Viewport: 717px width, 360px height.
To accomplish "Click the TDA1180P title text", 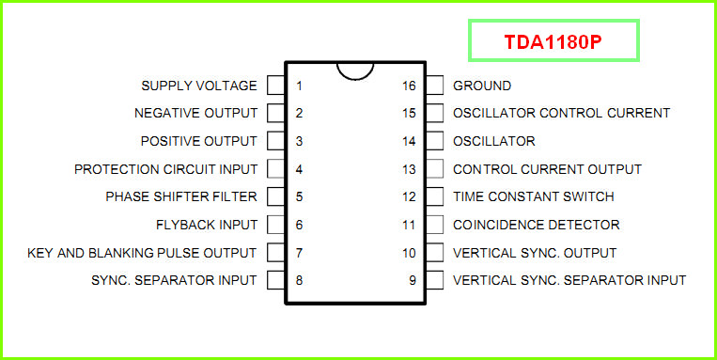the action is click(x=553, y=41).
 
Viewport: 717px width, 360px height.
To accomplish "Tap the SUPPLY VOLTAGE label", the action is click(x=199, y=86).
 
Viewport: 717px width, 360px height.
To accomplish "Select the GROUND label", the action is click(x=482, y=86).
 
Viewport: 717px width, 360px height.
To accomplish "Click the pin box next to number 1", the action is click(x=276, y=86).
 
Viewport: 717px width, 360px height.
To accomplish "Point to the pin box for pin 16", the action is click(x=434, y=86).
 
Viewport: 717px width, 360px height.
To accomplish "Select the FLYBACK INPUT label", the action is click(x=207, y=225).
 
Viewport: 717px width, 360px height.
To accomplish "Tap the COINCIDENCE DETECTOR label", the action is click(x=537, y=225).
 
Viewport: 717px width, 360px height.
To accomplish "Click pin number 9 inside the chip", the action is click(x=413, y=280).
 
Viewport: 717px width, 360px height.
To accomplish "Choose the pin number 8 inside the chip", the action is click(x=299, y=280).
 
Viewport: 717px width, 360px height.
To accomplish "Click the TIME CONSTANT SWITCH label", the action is click(x=534, y=196).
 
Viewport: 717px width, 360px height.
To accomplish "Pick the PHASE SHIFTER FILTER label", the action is click(x=181, y=196).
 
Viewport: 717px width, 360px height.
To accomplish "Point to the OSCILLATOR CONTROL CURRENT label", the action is click(x=562, y=113).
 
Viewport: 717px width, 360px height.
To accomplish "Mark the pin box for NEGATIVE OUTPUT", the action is click(x=276, y=113).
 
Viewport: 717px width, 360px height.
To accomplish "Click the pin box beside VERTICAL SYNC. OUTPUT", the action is click(x=434, y=253).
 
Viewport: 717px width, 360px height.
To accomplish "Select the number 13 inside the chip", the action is click(x=410, y=169).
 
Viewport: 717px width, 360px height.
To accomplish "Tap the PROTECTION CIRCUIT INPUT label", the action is click(x=166, y=169).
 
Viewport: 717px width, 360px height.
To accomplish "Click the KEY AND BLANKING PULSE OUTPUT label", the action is click(x=142, y=253).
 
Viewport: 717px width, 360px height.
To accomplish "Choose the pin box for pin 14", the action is click(x=434, y=141).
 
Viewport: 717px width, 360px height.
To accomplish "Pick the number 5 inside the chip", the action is click(x=299, y=197).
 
